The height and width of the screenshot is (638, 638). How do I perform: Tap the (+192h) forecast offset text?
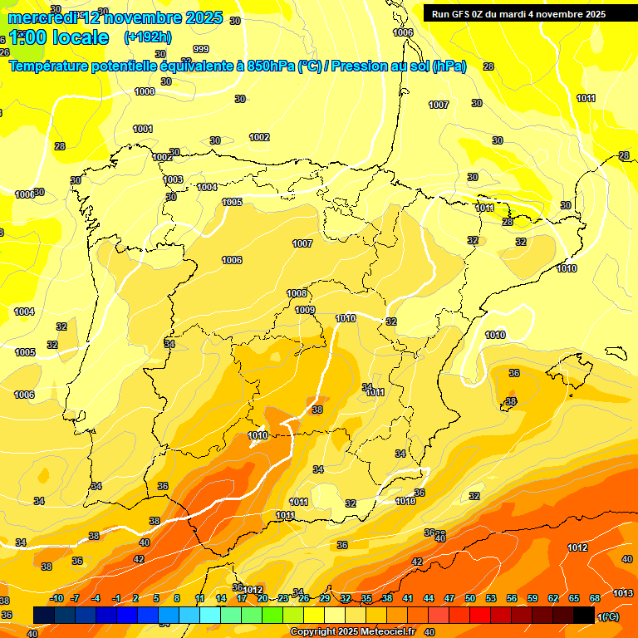(148, 37)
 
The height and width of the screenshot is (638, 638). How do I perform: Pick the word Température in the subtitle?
(51, 66)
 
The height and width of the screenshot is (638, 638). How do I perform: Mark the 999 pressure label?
(201, 49)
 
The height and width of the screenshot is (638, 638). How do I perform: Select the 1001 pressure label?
(143, 129)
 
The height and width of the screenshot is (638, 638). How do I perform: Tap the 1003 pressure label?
(173, 179)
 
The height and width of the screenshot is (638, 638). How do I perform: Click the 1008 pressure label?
(297, 293)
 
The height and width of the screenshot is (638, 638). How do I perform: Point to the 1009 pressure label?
(305, 310)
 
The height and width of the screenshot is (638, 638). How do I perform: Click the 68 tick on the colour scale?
(595, 599)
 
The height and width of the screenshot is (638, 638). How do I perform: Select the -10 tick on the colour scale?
(56, 599)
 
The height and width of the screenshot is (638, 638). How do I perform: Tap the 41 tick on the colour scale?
(408, 599)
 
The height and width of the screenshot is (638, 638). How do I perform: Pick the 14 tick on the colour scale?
(221, 599)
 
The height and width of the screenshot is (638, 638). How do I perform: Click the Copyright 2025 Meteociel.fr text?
(352, 631)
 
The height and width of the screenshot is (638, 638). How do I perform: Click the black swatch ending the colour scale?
(584, 615)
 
